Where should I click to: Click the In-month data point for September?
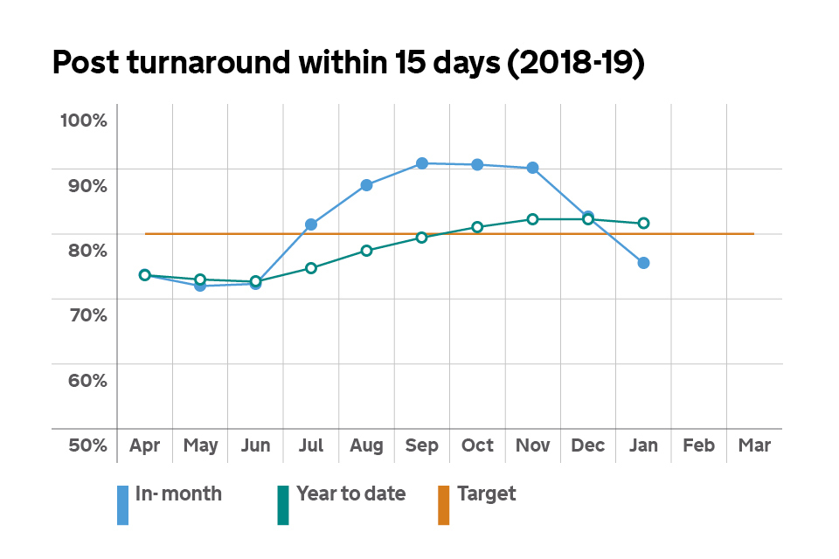click(x=422, y=163)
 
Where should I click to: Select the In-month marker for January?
click(x=643, y=263)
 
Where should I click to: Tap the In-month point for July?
click(x=311, y=224)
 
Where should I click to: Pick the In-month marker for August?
click(x=367, y=185)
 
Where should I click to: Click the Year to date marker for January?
click(x=643, y=224)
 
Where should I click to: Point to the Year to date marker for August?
click(x=367, y=251)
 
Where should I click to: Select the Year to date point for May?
click(x=200, y=279)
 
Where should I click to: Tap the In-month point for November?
click(x=533, y=168)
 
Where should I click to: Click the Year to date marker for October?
click(x=477, y=227)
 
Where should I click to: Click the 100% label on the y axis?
click(x=83, y=121)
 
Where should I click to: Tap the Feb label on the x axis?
click(x=699, y=445)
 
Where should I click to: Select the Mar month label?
click(x=754, y=445)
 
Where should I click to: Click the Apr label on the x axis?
click(x=145, y=445)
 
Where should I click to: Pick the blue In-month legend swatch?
click(x=123, y=505)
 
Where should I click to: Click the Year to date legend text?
click(x=350, y=493)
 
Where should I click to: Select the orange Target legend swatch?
click(x=444, y=505)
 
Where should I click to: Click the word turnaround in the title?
click(x=227, y=64)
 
